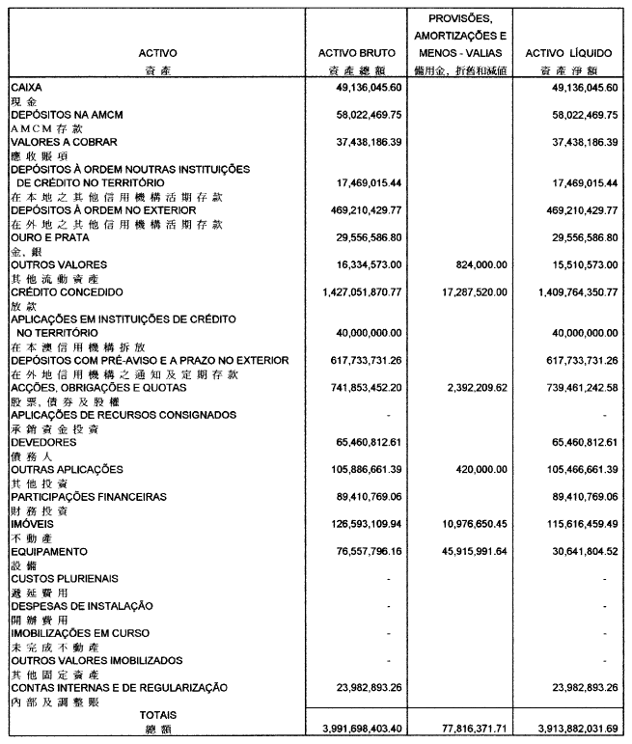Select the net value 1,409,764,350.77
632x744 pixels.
click(563, 291)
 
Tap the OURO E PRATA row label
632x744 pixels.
click(49, 237)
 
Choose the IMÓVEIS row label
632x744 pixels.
click(33, 524)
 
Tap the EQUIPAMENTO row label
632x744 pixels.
click(48, 552)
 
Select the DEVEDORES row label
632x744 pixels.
click(43, 442)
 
